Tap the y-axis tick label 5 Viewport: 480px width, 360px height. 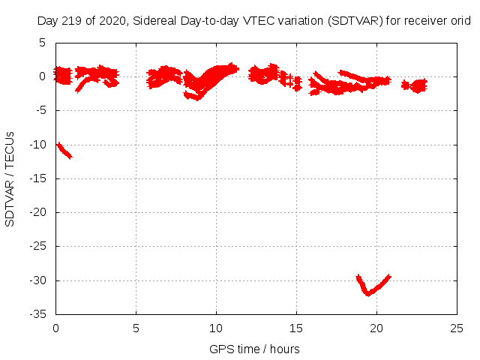pyautogui.click(x=43, y=43)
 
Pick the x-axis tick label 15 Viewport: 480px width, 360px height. pyautogui.click(x=296, y=328)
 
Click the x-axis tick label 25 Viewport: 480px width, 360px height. pyautogui.click(x=457, y=328)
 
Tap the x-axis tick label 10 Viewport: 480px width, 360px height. pyautogui.click(x=216, y=328)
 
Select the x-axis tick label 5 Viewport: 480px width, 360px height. pyautogui.click(x=136, y=328)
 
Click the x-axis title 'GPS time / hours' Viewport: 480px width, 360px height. pyautogui.click(x=255, y=349)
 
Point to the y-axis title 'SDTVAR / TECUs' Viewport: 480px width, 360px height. pyautogui.click(x=10, y=178)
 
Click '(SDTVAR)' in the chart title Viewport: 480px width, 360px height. pyautogui.click(x=354, y=22)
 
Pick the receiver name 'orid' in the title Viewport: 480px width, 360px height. pyautogui.click(x=460, y=22)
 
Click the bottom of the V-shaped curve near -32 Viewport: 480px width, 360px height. pyautogui.click(x=368, y=293)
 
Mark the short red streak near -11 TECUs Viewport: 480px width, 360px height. pyautogui.click(x=64, y=150)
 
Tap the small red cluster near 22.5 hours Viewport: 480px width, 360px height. pyautogui.click(x=415, y=85)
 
